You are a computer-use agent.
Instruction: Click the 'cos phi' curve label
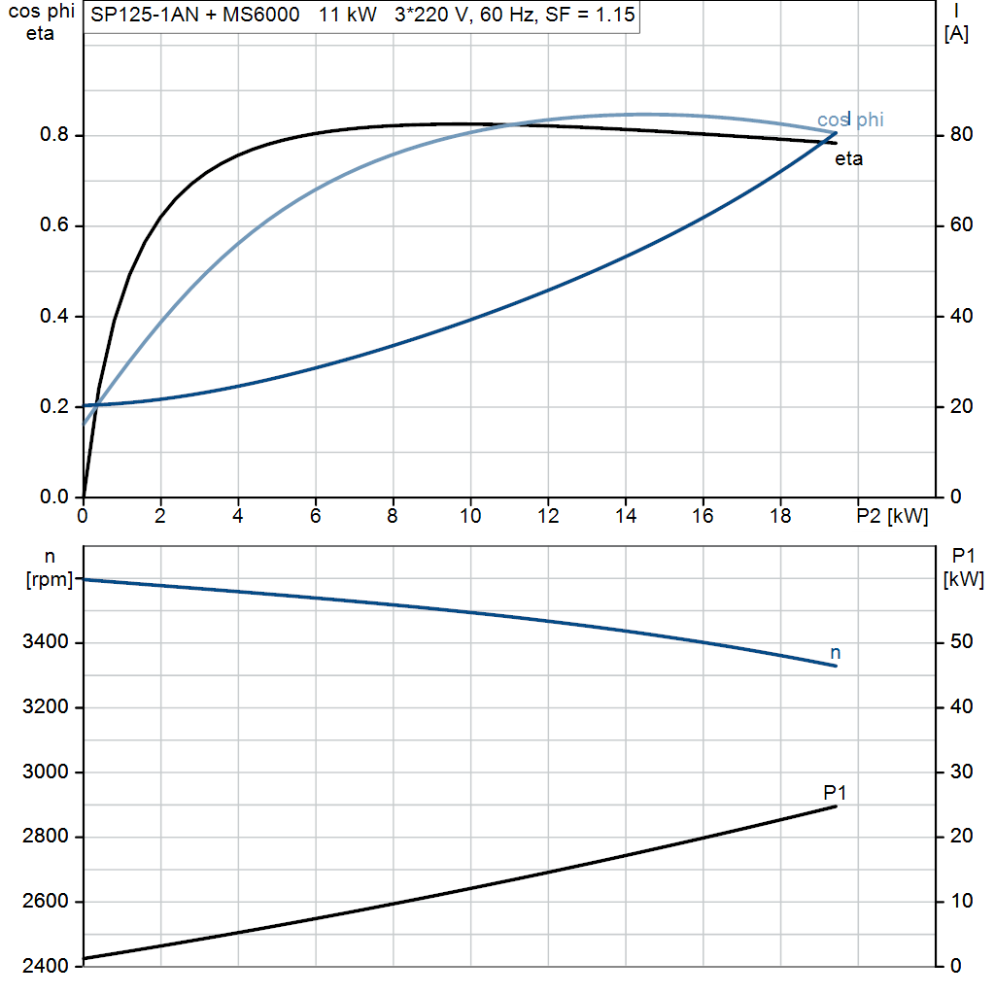(x=849, y=120)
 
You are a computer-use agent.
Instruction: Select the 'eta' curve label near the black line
(x=848, y=158)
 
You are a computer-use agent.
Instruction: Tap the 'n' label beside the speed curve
(x=835, y=652)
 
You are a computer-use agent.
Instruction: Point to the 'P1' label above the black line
(x=835, y=792)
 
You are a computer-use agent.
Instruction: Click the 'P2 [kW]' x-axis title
(x=892, y=516)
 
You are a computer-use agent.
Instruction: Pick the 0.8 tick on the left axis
(x=54, y=134)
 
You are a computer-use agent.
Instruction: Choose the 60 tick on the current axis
(x=961, y=224)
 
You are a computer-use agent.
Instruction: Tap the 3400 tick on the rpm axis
(x=45, y=641)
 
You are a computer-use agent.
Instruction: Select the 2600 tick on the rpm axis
(x=45, y=901)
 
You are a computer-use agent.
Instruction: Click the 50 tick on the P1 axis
(x=961, y=641)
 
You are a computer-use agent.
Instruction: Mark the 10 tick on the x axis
(x=470, y=516)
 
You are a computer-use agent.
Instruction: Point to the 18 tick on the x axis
(x=780, y=516)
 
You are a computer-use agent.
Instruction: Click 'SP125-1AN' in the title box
(x=145, y=15)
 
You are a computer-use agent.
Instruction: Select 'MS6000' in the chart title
(x=260, y=15)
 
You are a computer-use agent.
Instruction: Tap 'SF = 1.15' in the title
(x=590, y=15)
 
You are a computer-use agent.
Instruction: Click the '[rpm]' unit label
(x=50, y=579)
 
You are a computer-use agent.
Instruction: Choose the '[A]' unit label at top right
(x=956, y=34)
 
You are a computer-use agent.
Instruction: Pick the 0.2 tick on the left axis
(x=54, y=406)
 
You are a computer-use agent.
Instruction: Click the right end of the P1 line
(x=837, y=806)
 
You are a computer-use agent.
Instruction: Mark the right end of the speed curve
(x=837, y=666)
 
